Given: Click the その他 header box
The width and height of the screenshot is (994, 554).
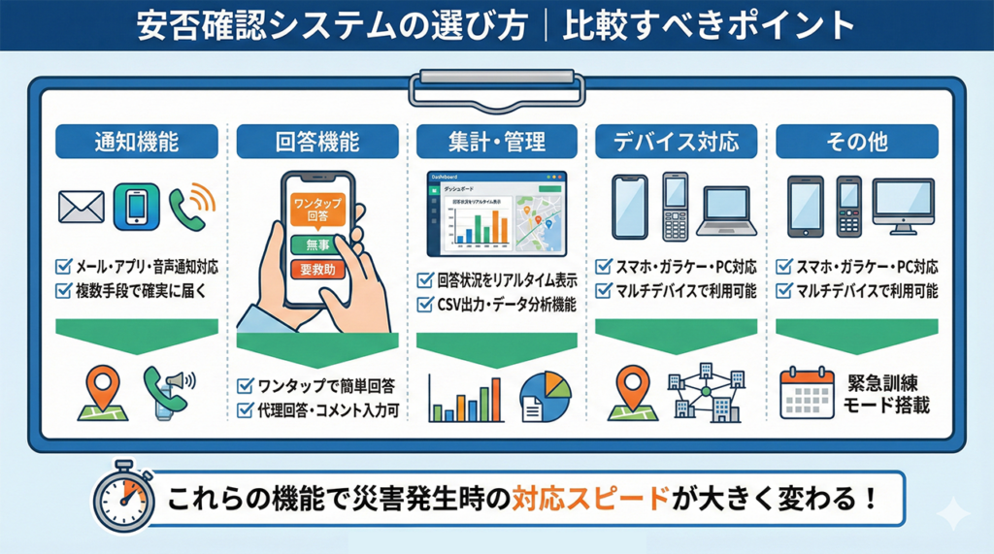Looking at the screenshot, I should click(857, 142).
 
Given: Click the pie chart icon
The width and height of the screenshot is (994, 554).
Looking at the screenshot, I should click(546, 395).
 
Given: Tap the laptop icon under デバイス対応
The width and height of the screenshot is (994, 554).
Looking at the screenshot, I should click(728, 209).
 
